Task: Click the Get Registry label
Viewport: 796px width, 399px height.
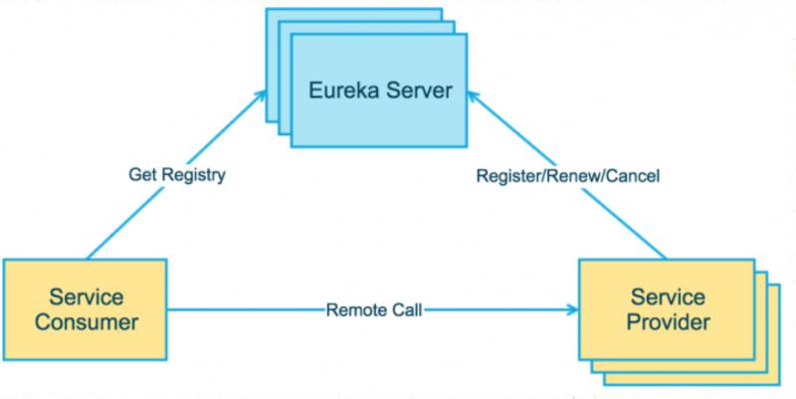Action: [x=177, y=175]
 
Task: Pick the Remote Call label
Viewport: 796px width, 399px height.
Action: [x=373, y=309]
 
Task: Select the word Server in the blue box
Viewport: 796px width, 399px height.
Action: [x=421, y=94]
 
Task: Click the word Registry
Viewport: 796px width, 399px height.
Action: [x=194, y=175]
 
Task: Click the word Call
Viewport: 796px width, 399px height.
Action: [x=405, y=309]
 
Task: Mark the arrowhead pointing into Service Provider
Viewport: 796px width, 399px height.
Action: [x=578, y=309]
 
